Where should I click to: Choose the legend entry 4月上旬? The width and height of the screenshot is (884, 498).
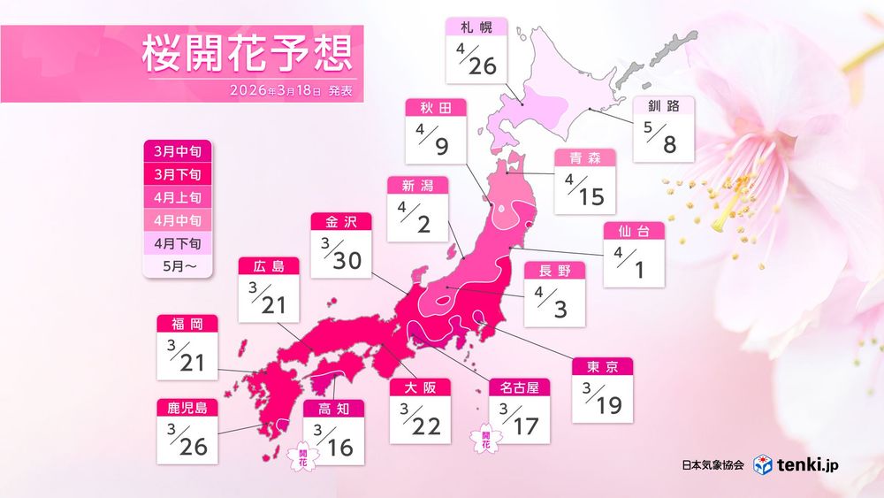coord(178,197)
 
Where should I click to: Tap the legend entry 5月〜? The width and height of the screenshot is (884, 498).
coord(178,263)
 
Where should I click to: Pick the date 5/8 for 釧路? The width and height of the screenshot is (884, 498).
coord(662,140)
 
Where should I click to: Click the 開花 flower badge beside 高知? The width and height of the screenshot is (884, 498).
coord(301,456)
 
